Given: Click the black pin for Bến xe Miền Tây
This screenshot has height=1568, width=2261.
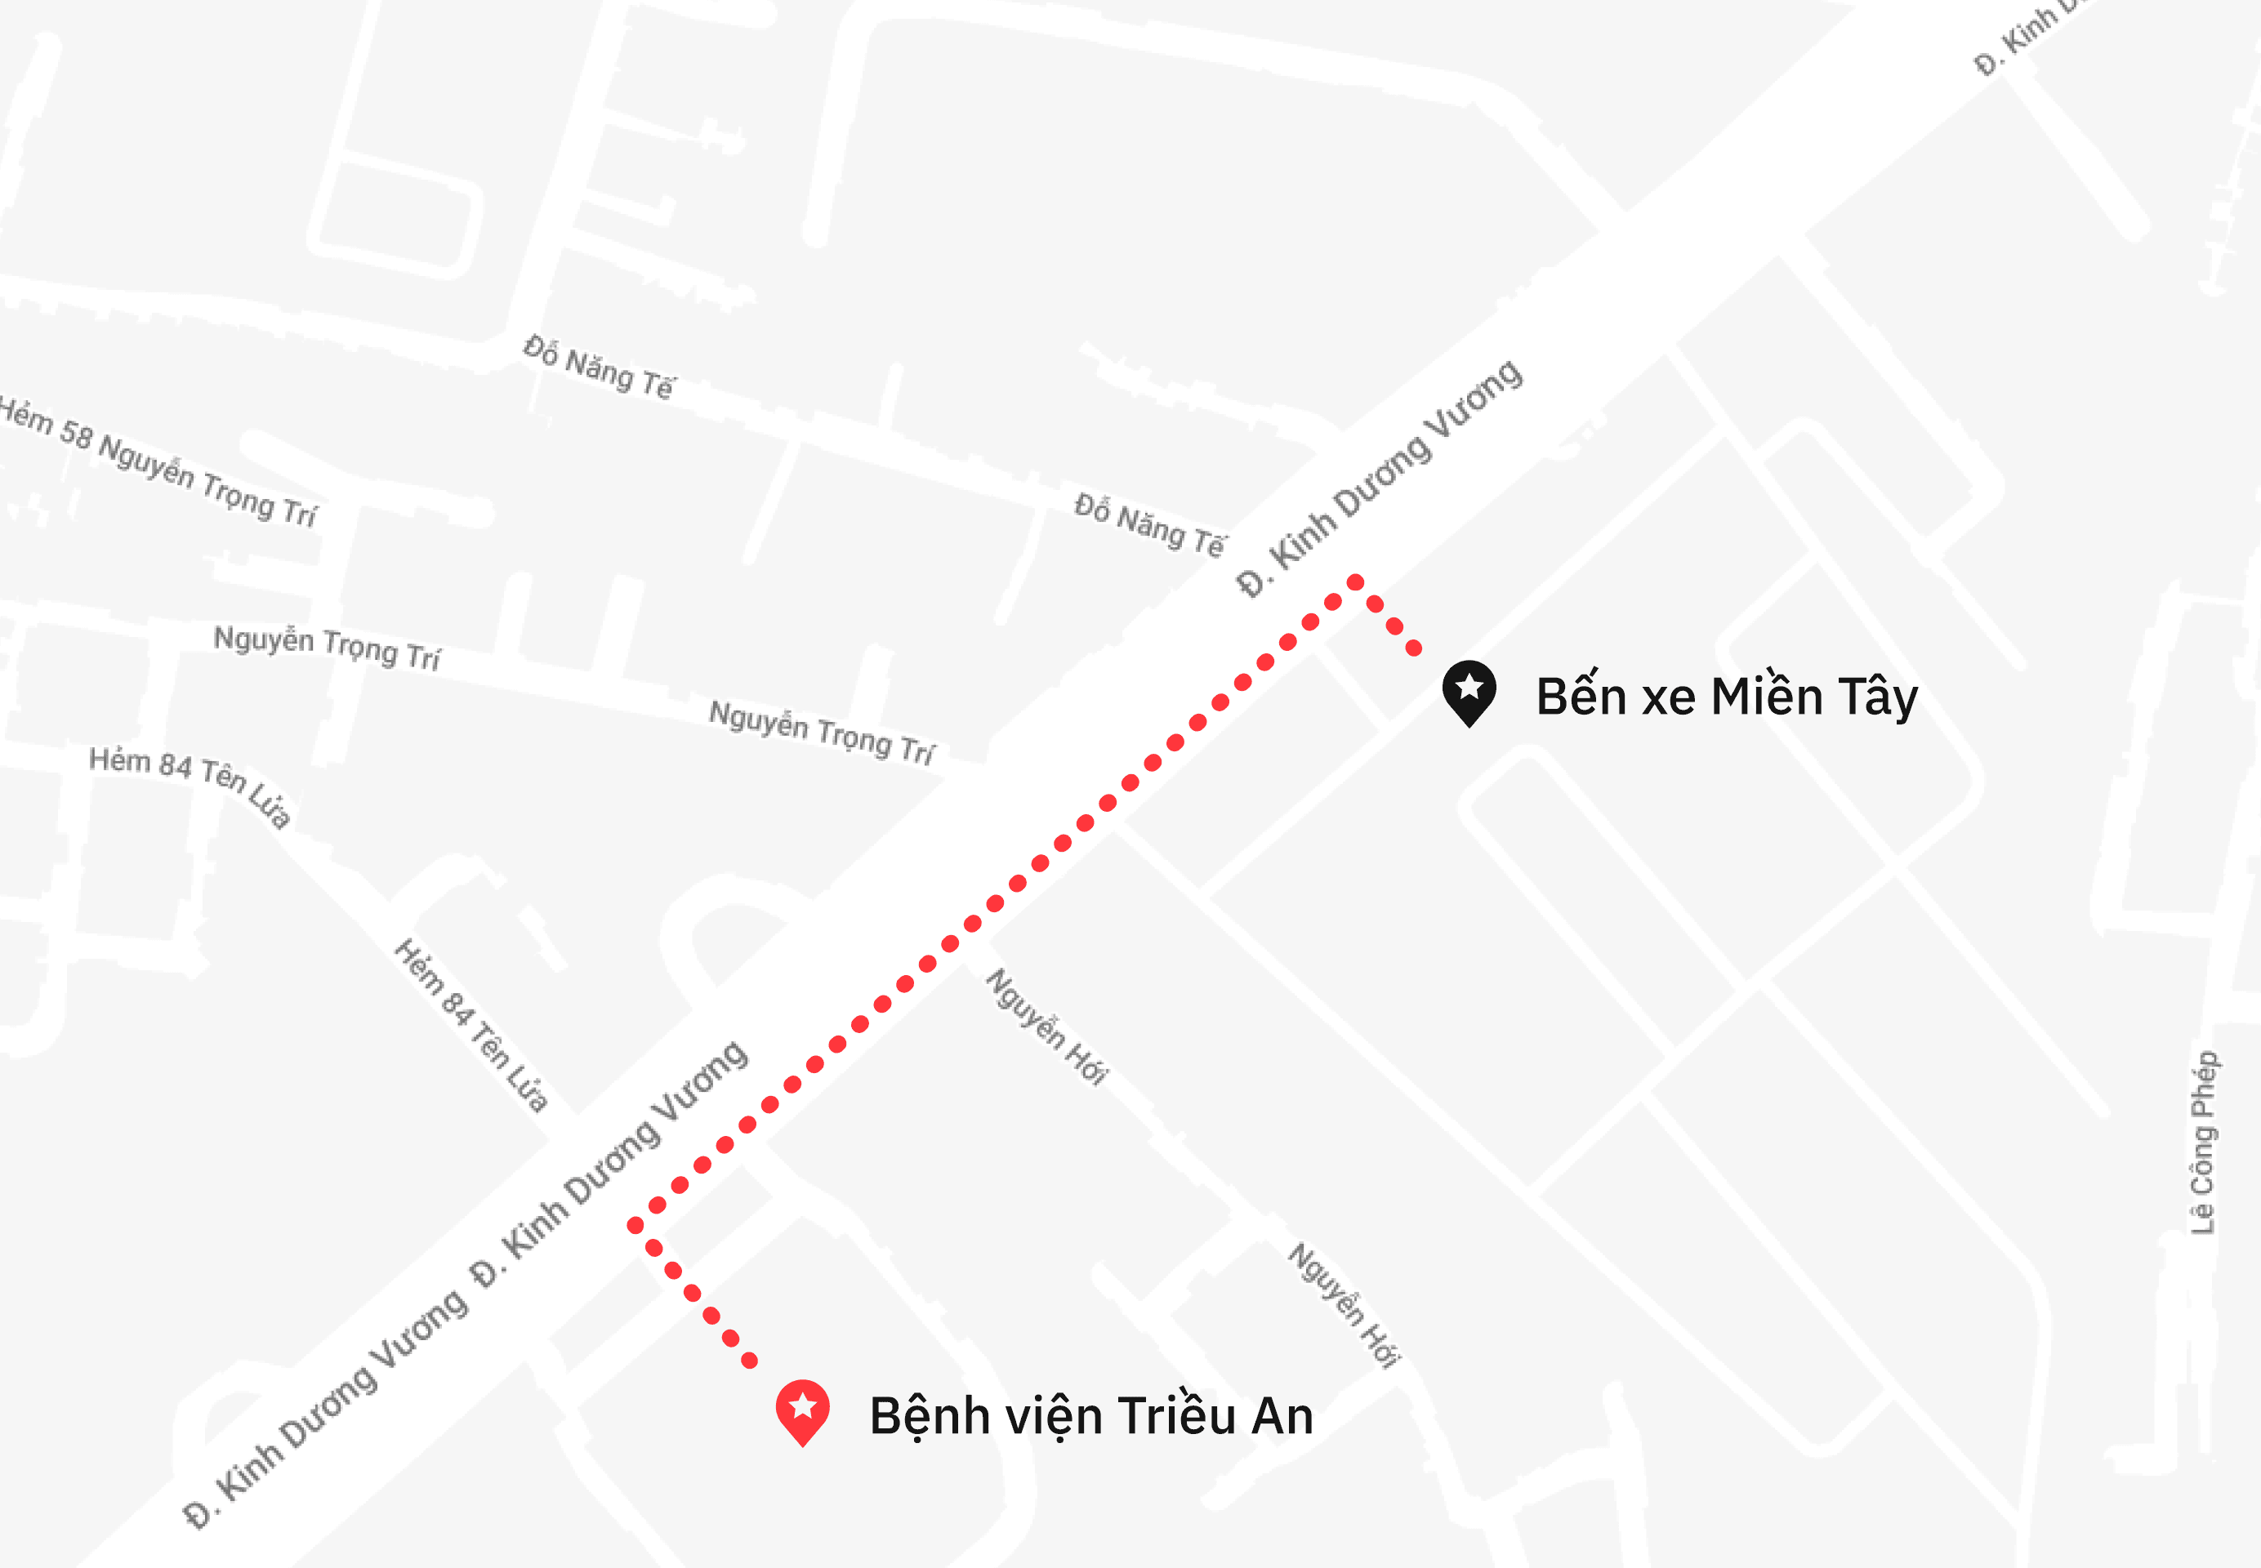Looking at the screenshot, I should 1469,691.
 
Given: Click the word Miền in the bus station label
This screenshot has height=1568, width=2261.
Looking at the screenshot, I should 1767,697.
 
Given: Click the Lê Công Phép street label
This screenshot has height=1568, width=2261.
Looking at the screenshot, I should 2204,1143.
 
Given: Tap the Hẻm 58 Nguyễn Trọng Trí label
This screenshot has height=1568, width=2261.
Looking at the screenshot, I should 157,461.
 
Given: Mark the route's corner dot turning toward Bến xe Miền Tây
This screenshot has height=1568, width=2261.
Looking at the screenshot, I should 1355,582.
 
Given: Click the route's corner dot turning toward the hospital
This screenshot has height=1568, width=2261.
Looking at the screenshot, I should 635,1225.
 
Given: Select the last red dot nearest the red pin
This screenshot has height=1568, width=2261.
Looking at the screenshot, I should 750,1361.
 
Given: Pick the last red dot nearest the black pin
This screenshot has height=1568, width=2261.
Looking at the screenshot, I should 1414,648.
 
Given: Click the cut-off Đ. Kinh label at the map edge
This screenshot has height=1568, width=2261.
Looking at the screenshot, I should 2024,39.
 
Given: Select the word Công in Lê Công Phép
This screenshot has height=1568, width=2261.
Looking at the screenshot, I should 2203,1156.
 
